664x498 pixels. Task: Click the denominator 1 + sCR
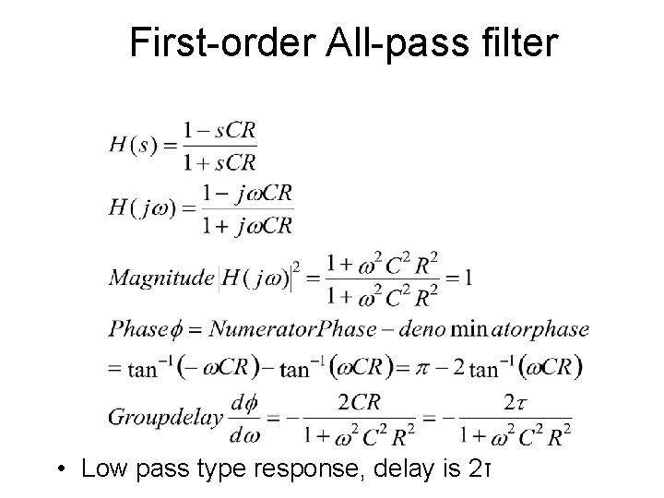[219, 162]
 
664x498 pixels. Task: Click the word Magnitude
[160, 278]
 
